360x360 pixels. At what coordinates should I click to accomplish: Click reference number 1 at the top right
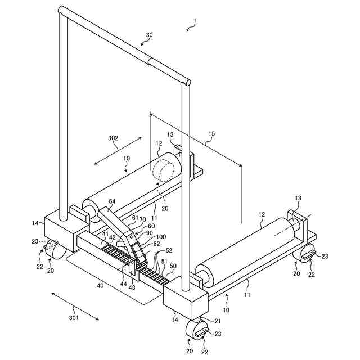(x=195, y=23)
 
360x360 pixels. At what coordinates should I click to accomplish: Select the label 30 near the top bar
(x=148, y=35)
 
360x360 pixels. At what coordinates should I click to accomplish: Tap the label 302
(x=112, y=137)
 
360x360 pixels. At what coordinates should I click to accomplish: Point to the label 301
(x=73, y=318)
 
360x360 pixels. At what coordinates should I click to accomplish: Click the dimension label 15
(x=211, y=134)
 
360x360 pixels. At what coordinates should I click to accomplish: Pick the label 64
(x=112, y=201)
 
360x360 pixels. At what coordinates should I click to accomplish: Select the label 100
(x=161, y=237)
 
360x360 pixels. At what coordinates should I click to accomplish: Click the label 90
(x=149, y=233)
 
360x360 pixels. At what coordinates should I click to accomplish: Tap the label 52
(x=169, y=251)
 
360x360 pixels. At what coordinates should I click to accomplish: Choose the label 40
(x=100, y=285)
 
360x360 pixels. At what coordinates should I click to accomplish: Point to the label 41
(x=105, y=234)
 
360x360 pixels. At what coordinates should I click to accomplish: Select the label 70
(x=142, y=220)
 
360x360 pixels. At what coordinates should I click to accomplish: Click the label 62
(x=156, y=244)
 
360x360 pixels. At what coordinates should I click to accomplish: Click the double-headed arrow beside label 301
(x=75, y=306)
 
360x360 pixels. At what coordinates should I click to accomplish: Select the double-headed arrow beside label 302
(x=118, y=149)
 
